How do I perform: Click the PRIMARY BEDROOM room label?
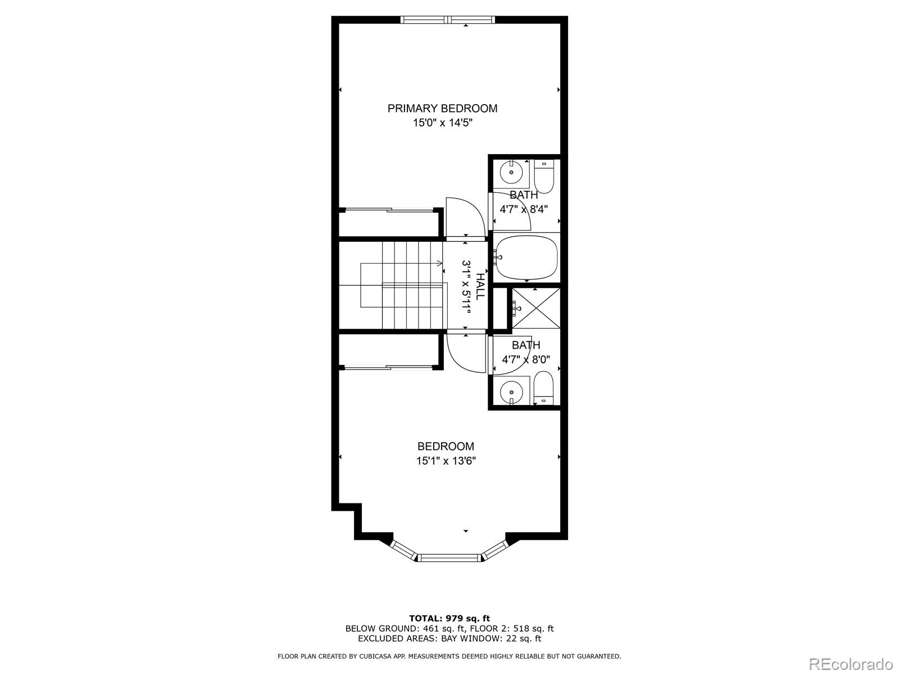pos(442,109)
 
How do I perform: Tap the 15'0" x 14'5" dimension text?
pos(442,123)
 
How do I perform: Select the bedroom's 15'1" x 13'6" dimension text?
pos(446,461)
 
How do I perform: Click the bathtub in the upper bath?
pos(526,258)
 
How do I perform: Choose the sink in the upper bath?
pos(511,173)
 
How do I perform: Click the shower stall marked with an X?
pos(535,308)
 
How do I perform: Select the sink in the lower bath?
pos(511,392)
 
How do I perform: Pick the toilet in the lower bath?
pos(543,388)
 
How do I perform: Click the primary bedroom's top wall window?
pos(448,19)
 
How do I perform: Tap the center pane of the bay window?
pos(449,557)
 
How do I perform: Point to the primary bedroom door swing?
pos(466,217)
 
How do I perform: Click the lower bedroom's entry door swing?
pos(466,353)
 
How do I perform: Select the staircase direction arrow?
pos(401,263)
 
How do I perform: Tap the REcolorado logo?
pos(851,664)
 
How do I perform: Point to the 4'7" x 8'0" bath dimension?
pos(526,359)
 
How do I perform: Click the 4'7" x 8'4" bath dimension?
pos(524,209)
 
